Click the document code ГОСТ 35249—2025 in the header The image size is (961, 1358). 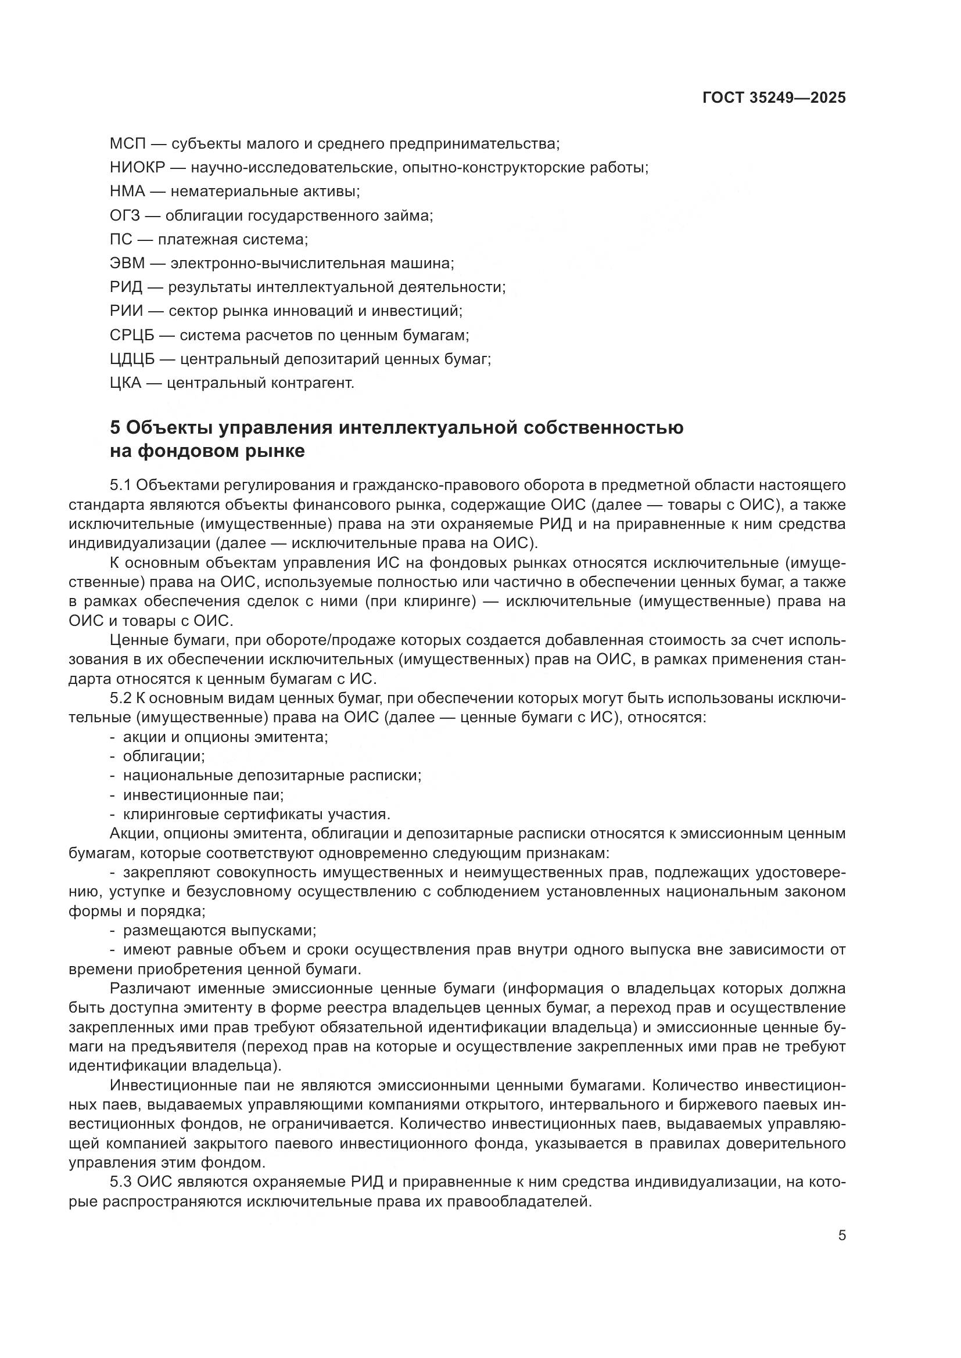click(x=774, y=98)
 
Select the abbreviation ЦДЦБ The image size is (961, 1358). click(x=132, y=359)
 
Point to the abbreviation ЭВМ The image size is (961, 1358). click(x=127, y=264)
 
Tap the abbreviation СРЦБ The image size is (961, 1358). click(x=132, y=336)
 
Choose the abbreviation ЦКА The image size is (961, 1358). click(x=125, y=383)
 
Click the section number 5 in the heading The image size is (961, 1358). click(x=116, y=427)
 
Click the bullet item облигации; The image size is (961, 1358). click(x=164, y=757)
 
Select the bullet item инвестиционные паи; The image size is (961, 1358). click(x=203, y=795)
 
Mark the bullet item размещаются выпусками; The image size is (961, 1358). click(x=220, y=930)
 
